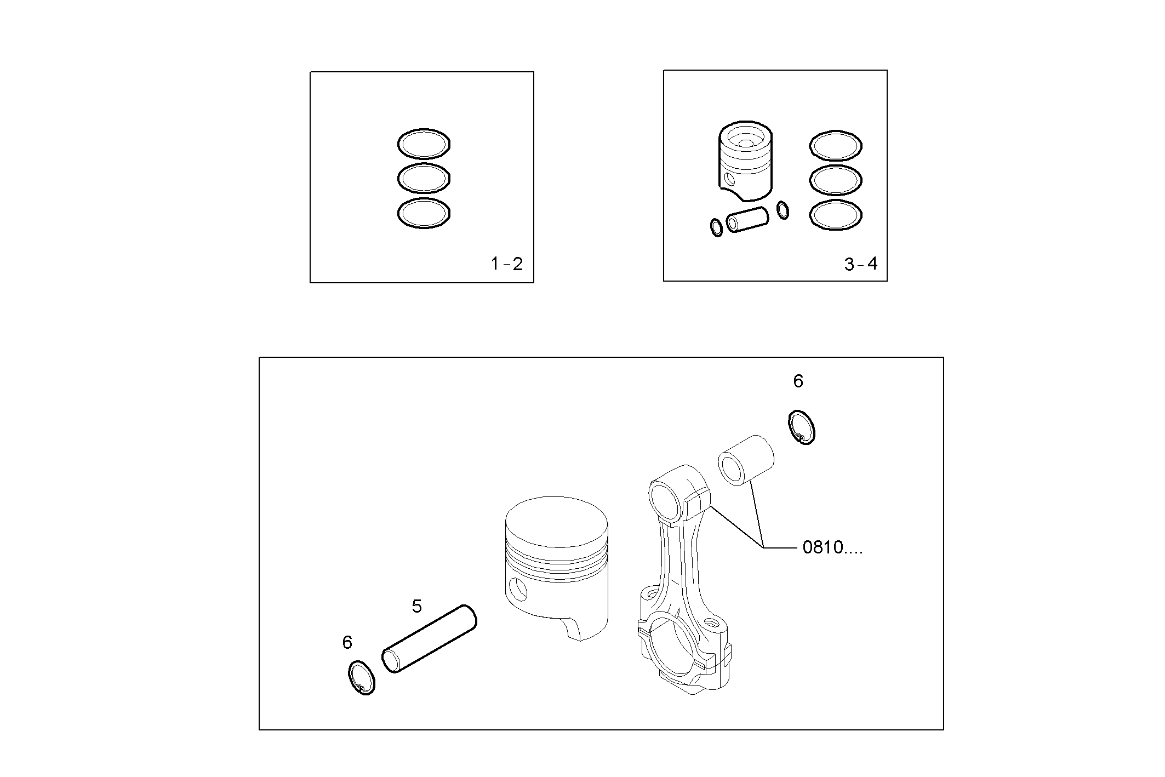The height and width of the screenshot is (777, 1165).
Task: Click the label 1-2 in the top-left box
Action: (x=506, y=264)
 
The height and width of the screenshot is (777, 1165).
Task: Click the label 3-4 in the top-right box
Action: (x=860, y=265)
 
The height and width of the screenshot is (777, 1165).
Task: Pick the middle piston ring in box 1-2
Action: (x=424, y=178)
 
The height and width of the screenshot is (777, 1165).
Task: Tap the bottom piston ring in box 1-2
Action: (x=424, y=213)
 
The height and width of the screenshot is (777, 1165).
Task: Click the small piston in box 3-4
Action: (x=745, y=162)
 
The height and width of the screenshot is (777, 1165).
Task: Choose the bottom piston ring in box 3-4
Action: (x=835, y=215)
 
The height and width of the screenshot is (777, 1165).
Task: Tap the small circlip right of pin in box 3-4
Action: (x=783, y=210)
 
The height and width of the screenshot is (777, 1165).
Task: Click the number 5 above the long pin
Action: (x=416, y=606)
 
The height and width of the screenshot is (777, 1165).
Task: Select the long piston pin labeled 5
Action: (x=429, y=638)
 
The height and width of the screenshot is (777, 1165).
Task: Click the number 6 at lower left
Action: (x=347, y=642)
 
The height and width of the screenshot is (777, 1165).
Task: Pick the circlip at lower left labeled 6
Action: (x=362, y=678)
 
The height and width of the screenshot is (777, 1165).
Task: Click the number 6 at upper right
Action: (x=798, y=381)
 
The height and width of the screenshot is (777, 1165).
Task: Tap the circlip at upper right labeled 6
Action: (x=802, y=427)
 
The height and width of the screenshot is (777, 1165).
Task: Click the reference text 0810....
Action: (x=832, y=547)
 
